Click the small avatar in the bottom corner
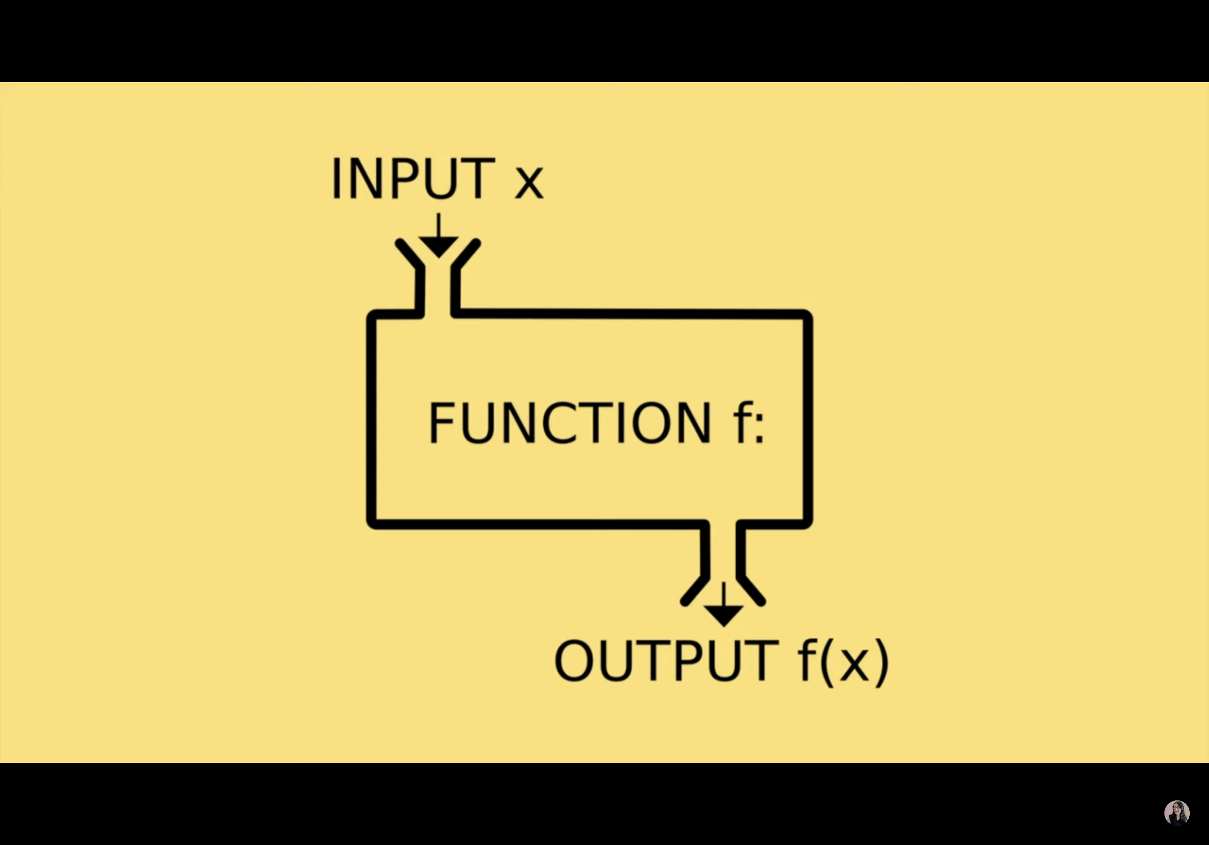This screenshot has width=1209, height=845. pos(1177,813)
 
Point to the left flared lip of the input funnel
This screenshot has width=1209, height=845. pos(409,254)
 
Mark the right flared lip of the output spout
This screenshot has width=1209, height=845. pos(751,591)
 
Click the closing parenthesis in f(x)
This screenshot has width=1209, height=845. pos(882,662)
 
